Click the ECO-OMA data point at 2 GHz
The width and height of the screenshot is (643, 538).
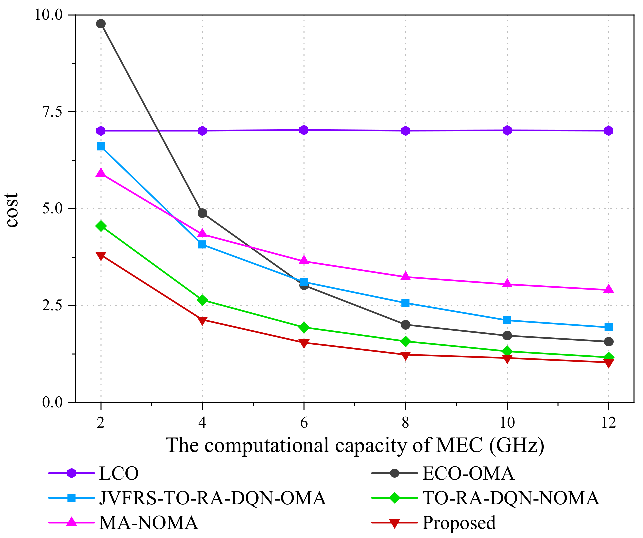101,24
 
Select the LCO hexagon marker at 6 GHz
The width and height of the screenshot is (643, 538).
304,130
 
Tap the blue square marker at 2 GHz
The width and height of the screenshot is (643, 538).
101,146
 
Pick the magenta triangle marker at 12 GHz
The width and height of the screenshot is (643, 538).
609,289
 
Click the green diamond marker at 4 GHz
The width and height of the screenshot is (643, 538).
202,300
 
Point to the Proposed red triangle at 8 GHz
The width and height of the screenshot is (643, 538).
405,355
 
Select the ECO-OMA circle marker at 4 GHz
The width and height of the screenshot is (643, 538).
202,213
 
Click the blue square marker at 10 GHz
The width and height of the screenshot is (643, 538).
507,320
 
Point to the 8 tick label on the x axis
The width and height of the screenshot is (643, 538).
405,423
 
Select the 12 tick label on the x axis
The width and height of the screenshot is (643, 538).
608,423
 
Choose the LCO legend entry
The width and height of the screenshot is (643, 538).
118,473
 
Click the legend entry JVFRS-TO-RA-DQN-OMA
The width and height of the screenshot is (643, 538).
212,498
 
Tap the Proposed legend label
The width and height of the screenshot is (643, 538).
459,523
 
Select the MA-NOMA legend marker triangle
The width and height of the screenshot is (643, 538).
72,522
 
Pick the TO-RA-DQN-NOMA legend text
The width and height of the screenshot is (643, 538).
511,498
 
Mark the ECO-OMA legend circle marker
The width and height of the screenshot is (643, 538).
395,473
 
